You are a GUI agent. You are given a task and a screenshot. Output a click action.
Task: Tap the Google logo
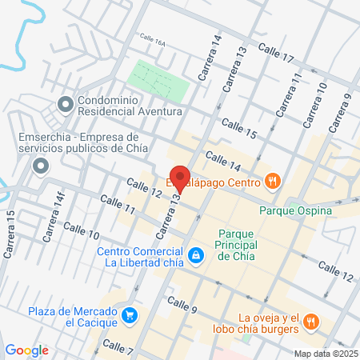(26, 350)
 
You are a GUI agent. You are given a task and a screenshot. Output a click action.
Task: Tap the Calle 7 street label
(118, 346)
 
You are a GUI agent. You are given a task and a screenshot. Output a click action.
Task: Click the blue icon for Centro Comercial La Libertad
(195, 255)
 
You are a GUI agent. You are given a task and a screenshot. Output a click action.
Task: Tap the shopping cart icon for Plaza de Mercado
(129, 316)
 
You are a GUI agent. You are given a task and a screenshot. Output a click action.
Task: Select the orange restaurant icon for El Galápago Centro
(273, 181)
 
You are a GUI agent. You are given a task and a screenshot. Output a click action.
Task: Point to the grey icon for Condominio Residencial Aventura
(65, 104)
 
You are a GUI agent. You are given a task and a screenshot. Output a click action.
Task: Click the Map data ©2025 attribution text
(325, 354)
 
